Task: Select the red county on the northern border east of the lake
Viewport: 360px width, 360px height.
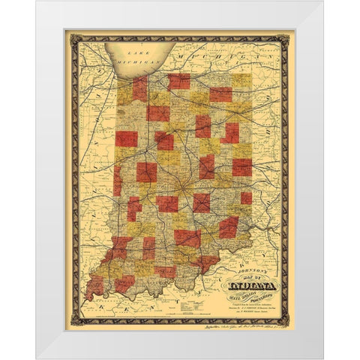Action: pyautogui.click(x=179, y=81)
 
